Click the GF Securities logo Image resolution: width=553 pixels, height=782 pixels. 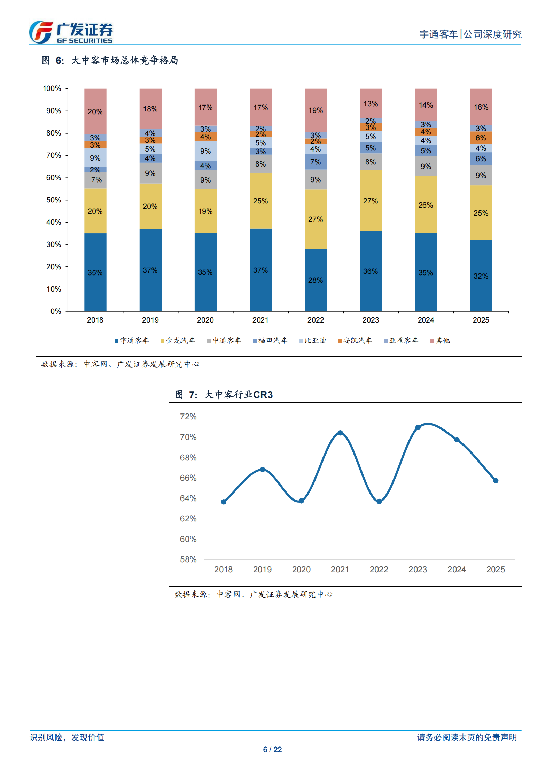point(71,32)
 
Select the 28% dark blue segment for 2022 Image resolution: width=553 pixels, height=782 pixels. point(316,280)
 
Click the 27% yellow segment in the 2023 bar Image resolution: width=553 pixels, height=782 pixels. point(371,201)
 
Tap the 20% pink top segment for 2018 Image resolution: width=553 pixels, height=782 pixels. point(95,111)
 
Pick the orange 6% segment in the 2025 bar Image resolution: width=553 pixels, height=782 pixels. point(481,138)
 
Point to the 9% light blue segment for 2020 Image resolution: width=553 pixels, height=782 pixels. point(205,151)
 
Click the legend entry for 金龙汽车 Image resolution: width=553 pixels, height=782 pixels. point(178,340)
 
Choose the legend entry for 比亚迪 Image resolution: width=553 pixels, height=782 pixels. point(313,340)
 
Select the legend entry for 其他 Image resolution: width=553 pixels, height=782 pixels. point(440,340)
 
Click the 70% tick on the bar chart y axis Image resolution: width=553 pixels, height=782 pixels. point(54,155)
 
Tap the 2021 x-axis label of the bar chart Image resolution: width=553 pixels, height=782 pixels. point(260,320)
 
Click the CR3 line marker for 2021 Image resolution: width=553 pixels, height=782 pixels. point(340,433)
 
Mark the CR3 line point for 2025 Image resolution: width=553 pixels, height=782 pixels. point(496,480)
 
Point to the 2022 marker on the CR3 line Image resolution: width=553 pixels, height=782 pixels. point(379,501)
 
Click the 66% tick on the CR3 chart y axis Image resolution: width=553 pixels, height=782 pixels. point(188,478)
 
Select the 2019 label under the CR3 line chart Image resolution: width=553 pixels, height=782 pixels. point(262,569)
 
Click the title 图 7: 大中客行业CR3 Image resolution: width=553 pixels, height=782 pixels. point(224,395)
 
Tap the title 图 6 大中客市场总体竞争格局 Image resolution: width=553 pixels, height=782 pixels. point(110,60)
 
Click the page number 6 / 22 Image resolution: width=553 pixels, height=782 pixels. point(272,749)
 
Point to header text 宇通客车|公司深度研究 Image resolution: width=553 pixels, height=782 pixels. point(470,34)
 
